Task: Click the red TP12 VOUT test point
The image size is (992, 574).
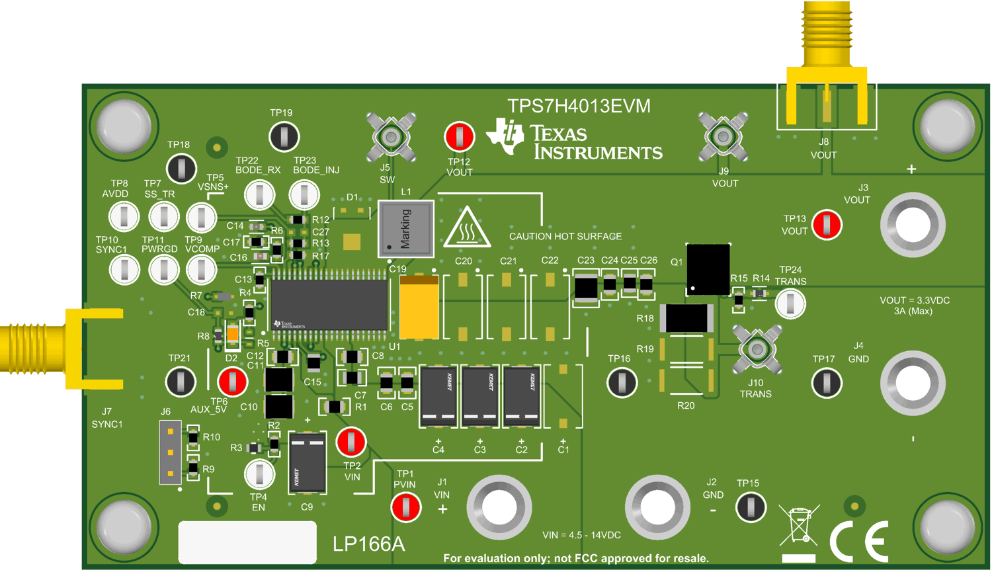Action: point(459,137)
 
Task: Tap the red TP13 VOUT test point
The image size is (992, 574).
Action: point(827,225)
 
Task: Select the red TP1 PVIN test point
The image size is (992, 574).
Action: point(405,507)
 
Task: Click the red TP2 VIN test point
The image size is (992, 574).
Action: point(351,442)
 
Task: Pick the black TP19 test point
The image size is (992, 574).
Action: point(284,136)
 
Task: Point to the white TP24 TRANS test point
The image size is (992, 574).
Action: point(790,304)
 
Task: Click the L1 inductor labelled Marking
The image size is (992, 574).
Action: point(406,229)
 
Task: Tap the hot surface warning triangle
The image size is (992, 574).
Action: point(467,228)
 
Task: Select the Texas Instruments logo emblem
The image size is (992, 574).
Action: point(505,136)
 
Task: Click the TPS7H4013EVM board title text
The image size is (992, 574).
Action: point(579,106)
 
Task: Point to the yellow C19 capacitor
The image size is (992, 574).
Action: point(419,308)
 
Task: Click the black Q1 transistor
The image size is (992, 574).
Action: point(708,269)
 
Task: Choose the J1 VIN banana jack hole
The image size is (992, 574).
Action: point(499,507)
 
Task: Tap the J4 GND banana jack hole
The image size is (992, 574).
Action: point(913,382)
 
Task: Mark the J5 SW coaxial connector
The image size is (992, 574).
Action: point(391,138)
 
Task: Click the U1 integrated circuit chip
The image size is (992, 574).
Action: point(329,304)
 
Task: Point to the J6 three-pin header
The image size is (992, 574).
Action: point(171,452)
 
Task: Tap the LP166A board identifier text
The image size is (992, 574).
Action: point(368,544)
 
